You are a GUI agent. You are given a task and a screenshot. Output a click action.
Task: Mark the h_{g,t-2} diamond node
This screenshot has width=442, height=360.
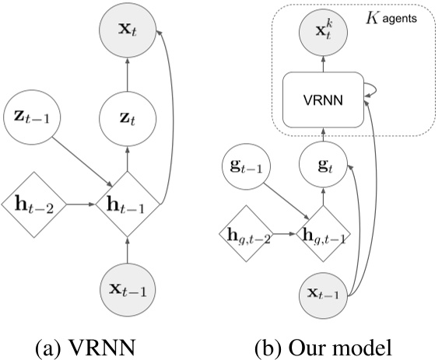(x=247, y=233)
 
